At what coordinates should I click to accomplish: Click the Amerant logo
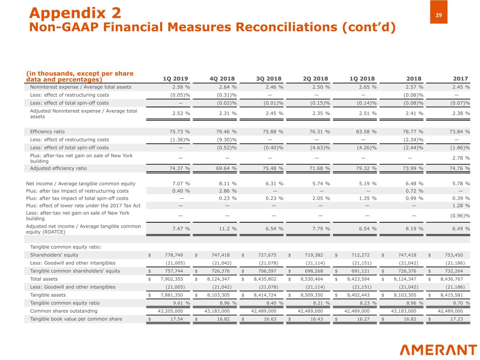(438, 350)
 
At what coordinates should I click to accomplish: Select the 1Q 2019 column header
(175, 79)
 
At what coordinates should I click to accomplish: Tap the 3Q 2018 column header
(269, 79)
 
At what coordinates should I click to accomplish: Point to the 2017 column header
(460, 79)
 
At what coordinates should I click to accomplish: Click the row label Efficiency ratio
(47, 132)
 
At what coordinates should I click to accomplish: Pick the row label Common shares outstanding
(64, 311)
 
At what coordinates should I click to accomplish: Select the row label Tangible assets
(48, 295)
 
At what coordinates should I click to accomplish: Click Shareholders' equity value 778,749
(174, 255)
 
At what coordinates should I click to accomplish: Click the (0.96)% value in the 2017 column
(460, 216)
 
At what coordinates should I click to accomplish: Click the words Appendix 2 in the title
(75, 13)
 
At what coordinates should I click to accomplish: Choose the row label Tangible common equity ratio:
(66, 247)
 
